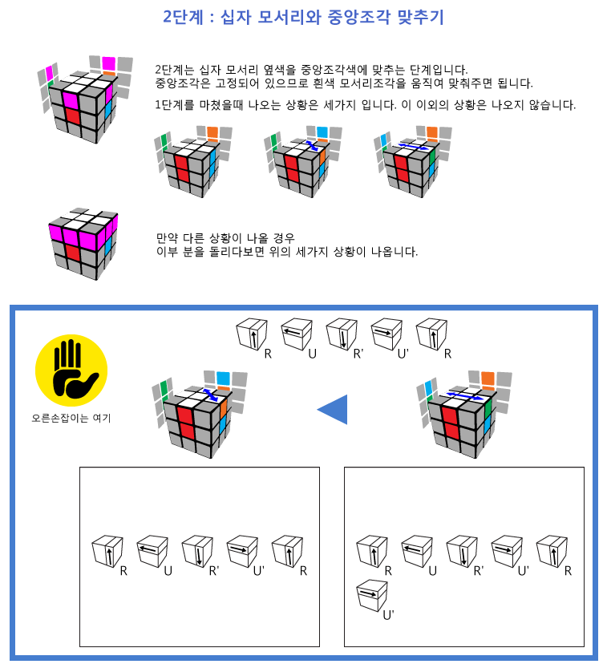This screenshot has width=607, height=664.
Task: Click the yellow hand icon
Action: pos(71,370)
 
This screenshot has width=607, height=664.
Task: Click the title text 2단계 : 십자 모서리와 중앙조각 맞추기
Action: pos(303,17)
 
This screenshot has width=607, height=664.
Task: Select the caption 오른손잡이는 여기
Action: pos(71,418)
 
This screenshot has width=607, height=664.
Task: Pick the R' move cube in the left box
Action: pos(197,552)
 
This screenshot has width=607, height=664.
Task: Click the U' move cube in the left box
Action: pos(242,552)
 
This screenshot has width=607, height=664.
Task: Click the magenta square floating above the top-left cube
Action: pos(108,63)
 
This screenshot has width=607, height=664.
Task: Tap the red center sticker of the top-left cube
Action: pos(72,115)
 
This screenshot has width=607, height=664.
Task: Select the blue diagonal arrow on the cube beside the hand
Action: pos(210,395)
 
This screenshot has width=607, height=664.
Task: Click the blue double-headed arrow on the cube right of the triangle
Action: pos(464,396)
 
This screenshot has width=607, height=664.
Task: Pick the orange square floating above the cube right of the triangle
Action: pos(488,379)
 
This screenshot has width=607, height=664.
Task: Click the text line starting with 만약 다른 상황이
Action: pos(225,237)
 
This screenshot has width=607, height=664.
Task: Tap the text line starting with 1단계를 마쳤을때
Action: pos(366,104)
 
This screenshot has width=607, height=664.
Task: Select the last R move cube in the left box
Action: pos(287,552)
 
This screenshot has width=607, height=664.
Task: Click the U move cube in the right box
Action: pos(417,552)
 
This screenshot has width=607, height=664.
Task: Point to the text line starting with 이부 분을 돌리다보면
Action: pos(287,252)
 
